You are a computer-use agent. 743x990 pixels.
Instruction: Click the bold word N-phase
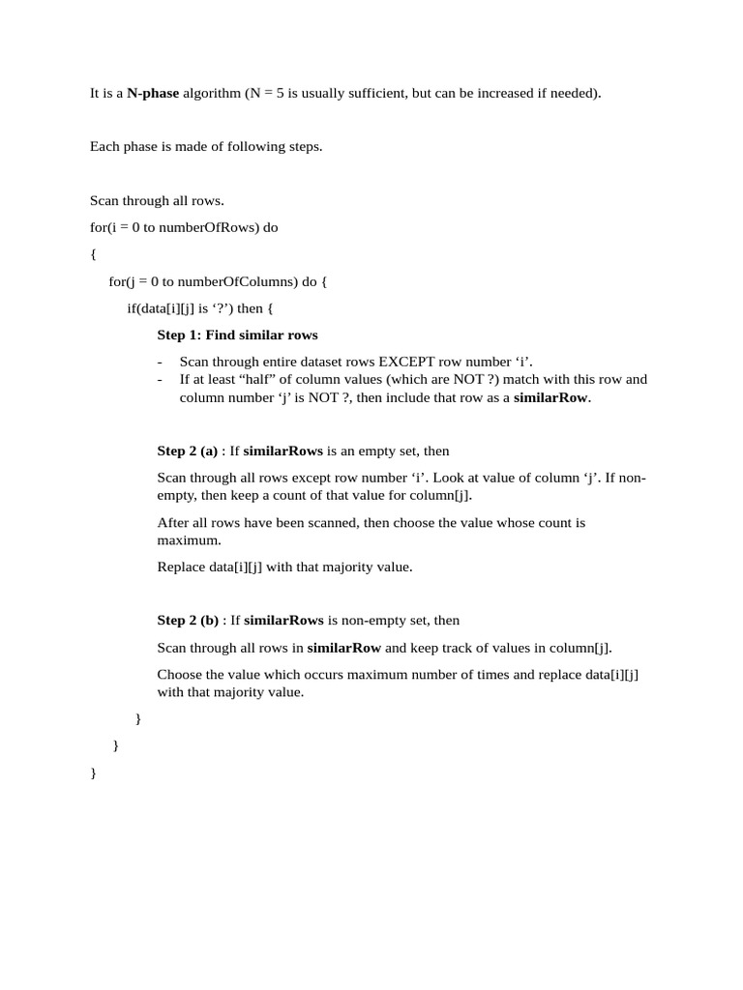point(153,94)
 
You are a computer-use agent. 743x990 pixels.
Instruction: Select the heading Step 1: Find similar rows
point(237,335)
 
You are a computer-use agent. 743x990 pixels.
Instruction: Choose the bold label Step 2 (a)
point(188,451)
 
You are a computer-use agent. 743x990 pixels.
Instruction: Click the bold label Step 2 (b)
point(188,621)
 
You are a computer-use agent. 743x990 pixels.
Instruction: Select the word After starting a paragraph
point(173,523)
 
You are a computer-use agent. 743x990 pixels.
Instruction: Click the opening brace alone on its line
point(93,254)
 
